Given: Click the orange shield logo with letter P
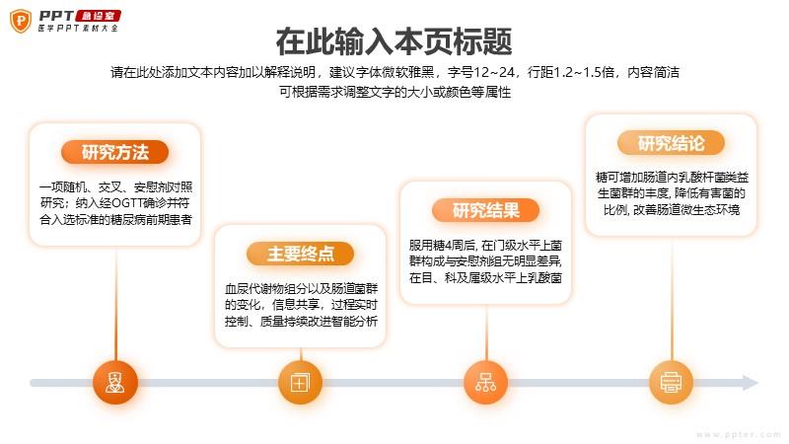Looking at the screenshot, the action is (21, 21).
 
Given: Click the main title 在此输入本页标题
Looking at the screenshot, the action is (394, 41).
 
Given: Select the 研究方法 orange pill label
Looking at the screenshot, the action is (114, 152).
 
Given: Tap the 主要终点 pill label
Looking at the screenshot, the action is (301, 254).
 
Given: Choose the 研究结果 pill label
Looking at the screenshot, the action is (485, 210).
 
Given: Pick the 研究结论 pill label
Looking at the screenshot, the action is (672, 143).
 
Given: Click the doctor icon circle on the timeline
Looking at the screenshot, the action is (115, 383).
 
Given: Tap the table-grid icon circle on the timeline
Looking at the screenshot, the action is (301, 383).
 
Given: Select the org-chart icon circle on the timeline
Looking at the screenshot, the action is (485, 383).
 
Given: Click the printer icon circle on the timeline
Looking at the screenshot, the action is (672, 383).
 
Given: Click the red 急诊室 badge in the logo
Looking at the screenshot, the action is (98, 16).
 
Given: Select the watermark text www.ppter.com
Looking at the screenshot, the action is (739, 434).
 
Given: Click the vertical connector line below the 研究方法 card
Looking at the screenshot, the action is (115, 303).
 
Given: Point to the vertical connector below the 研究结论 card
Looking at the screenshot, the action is (672, 298).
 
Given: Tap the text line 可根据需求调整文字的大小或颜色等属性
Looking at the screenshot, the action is (395, 92).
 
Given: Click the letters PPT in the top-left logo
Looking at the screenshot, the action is (56, 16).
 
